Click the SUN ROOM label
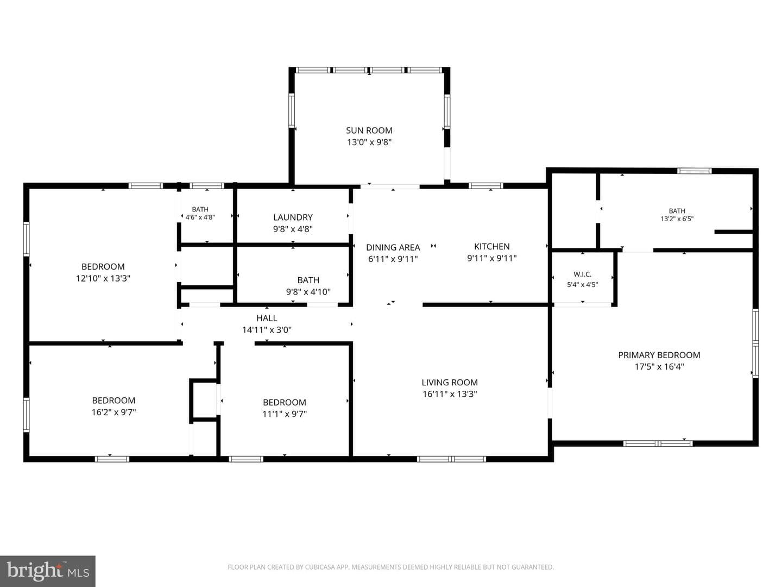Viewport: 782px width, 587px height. click(369, 130)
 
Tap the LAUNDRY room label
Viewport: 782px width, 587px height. click(293, 217)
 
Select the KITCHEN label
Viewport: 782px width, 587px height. click(491, 246)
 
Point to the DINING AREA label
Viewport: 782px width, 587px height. click(393, 247)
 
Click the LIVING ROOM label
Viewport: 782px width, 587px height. click(450, 383)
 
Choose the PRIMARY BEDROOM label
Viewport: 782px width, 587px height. click(659, 355)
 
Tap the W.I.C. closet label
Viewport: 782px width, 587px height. click(583, 274)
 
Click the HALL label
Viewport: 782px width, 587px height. click(267, 318)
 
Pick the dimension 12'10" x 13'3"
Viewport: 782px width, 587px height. click(103, 278)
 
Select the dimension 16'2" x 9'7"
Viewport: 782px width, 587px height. click(113, 413)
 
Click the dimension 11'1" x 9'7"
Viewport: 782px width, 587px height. click(285, 414)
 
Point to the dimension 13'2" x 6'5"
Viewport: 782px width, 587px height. click(677, 219)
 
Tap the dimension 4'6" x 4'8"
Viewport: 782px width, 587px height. click(200, 217)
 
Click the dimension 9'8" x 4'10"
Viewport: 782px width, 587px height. click(308, 292)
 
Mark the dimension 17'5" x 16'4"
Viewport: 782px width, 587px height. click(659, 367)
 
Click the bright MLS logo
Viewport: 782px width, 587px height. click(48, 571)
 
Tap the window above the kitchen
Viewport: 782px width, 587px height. click(485, 186)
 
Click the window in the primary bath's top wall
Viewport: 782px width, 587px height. click(695, 171)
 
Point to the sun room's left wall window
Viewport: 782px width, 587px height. click(292, 110)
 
